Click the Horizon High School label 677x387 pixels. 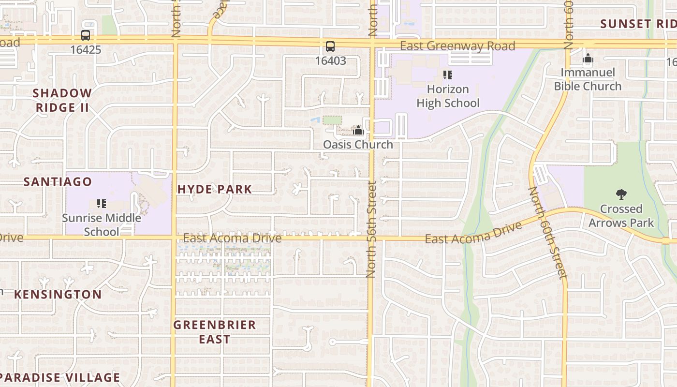click(448, 96)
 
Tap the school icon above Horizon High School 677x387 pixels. click(448, 75)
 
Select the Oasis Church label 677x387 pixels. click(358, 145)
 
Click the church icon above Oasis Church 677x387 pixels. click(358, 130)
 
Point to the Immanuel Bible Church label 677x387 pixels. click(588, 80)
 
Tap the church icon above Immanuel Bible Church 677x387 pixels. click(588, 59)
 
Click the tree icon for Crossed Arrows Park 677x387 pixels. click(621, 194)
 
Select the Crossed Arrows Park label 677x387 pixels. click(621, 216)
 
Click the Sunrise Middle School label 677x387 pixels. click(102, 224)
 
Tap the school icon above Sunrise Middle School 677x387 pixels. click(102, 204)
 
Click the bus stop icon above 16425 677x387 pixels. click(86, 35)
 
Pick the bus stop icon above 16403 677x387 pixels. click(330, 46)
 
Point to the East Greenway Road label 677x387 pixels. click(457, 46)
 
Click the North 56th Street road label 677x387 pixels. click(371, 229)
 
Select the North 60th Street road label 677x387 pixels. click(547, 233)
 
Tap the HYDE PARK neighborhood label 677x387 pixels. click(215, 189)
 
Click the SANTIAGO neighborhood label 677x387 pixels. click(58, 182)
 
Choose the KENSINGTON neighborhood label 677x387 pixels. click(58, 295)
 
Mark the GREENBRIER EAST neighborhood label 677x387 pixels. click(215, 332)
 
